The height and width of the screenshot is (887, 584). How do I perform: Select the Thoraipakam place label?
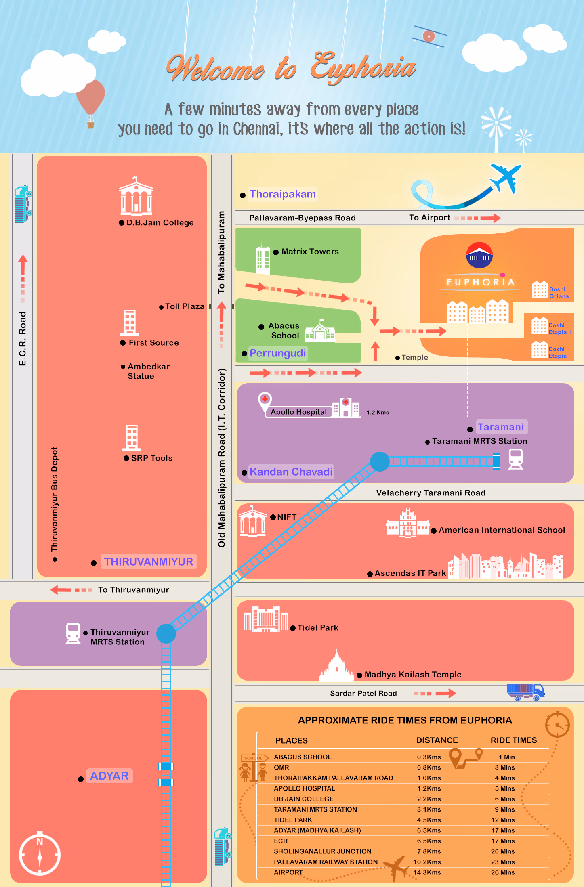(x=282, y=194)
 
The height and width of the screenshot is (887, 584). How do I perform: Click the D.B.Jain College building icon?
(x=136, y=197)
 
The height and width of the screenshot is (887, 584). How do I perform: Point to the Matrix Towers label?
(x=310, y=252)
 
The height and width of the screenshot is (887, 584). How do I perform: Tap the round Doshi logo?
(x=479, y=255)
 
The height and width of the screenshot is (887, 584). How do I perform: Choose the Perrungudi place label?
(x=277, y=353)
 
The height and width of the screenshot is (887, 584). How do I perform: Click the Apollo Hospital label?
(x=298, y=412)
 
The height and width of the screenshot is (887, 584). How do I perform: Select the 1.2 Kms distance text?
(x=378, y=412)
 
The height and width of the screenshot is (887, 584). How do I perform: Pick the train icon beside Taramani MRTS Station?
(x=516, y=459)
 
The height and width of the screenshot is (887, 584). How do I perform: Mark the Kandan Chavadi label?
(x=291, y=472)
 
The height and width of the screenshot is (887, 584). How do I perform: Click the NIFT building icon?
(x=252, y=522)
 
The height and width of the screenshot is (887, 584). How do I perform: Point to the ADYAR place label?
(x=109, y=776)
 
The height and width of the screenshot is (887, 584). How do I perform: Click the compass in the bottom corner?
(x=40, y=854)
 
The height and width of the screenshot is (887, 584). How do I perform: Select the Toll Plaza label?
(x=185, y=306)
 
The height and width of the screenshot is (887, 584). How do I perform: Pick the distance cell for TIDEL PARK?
(x=429, y=820)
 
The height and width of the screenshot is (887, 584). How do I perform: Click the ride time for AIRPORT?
(x=502, y=872)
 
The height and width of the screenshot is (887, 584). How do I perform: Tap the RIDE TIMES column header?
(x=513, y=740)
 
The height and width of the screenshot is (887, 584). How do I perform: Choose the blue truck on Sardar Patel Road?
(x=525, y=692)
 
